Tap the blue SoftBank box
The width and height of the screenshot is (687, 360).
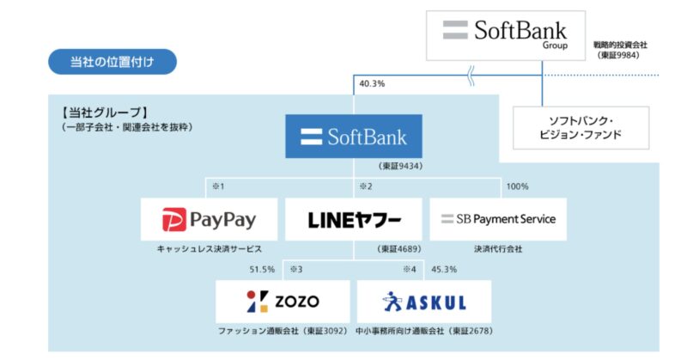point(354,136)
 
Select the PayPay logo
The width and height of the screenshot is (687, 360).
point(210,220)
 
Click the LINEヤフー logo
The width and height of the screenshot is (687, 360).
point(354,220)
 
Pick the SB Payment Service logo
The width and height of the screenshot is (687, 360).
point(498,219)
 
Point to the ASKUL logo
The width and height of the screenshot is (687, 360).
point(424,301)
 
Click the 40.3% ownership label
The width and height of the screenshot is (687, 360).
point(373,84)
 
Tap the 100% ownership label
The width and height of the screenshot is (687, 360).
point(518,186)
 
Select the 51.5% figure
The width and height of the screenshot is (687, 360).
point(262,269)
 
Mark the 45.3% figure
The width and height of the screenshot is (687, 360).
point(444,269)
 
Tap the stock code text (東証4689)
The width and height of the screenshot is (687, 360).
point(400,249)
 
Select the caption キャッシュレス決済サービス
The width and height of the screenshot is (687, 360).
point(210,249)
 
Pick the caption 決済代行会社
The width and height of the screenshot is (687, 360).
point(498,249)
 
